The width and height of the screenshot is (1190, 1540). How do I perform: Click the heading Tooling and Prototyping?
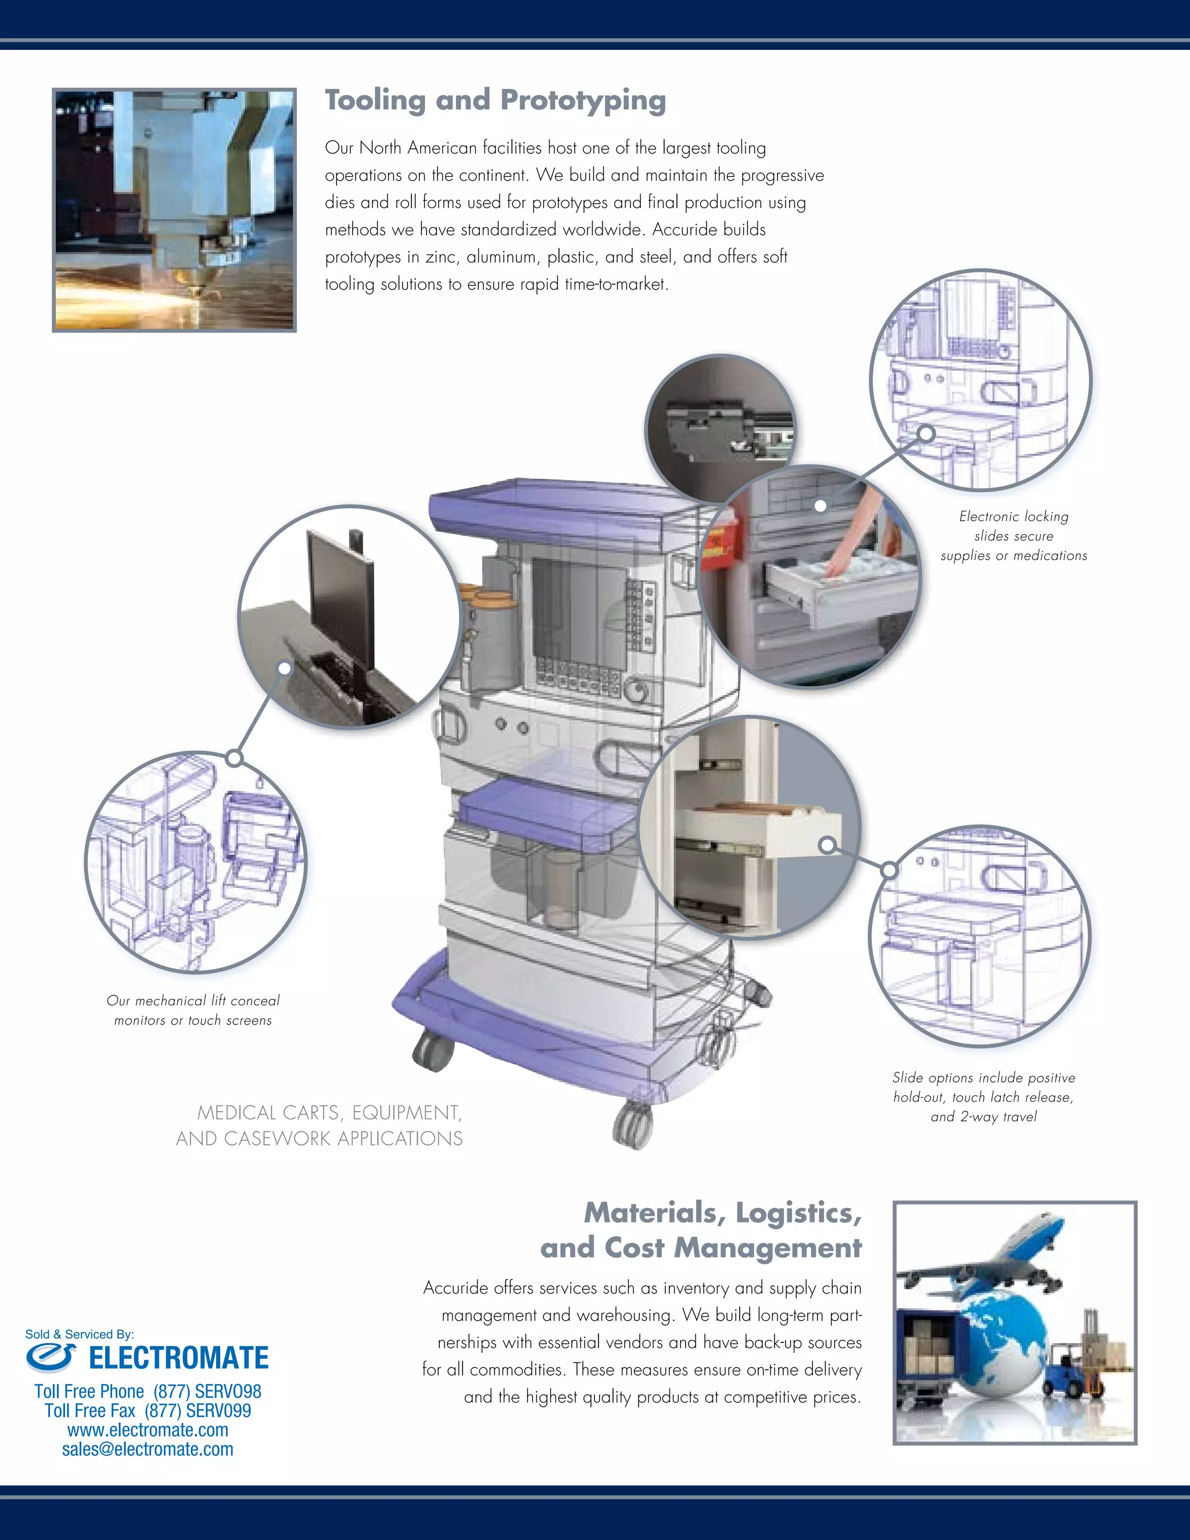(x=495, y=100)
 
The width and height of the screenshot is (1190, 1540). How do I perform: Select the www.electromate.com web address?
(x=148, y=1430)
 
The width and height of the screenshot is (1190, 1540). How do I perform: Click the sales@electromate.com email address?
(x=148, y=1449)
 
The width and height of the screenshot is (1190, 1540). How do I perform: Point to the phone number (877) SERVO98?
(x=207, y=1391)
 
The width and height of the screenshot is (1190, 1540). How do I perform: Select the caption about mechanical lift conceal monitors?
(x=192, y=1010)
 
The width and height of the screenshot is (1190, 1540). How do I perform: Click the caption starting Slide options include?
(x=984, y=1097)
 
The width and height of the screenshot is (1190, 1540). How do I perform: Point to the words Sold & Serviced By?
(x=79, y=1333)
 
